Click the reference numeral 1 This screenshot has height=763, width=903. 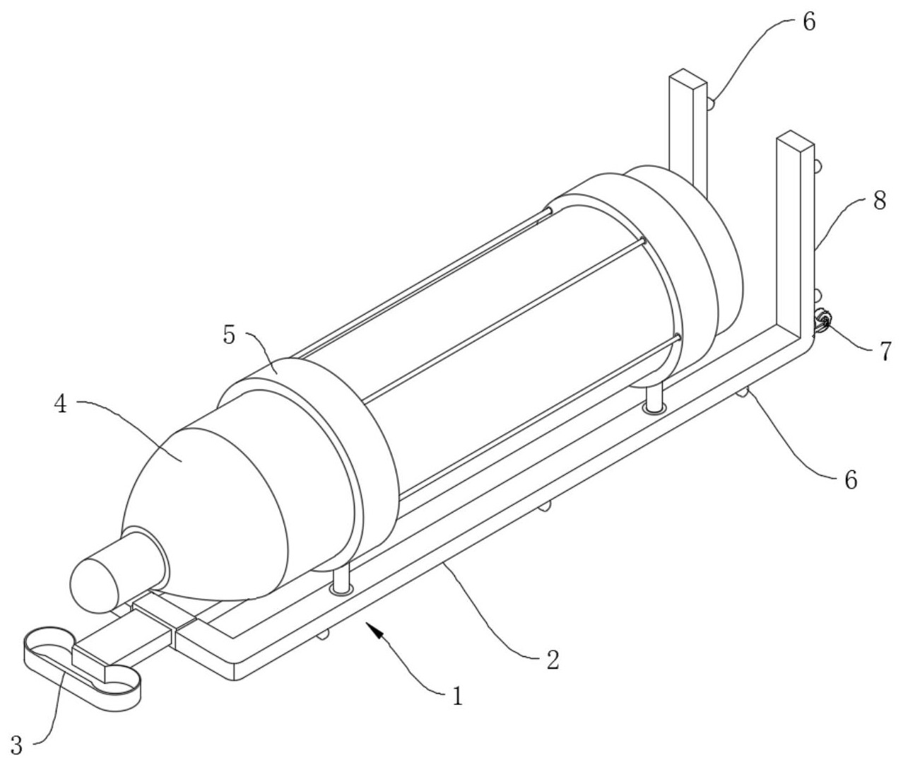[457, 697]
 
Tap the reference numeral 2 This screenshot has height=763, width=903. [553, 660]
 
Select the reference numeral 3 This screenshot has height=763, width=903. [18, 744]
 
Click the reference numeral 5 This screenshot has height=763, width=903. [230, 334]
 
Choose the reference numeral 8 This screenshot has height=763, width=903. [878, 202]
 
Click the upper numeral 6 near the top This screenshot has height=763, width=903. [808, 22]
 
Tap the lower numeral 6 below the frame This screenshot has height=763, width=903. [850, 480]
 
